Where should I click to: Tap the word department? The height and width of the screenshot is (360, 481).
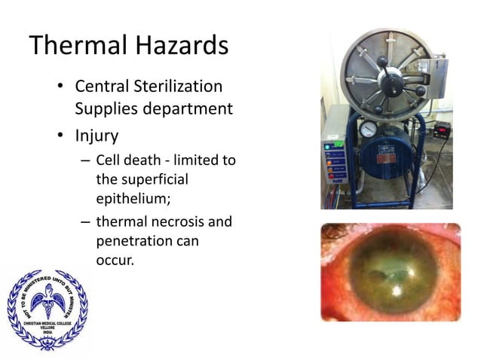[189, 108]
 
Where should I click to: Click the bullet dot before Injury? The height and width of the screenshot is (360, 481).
[60, 138]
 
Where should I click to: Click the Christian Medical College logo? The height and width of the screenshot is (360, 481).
[47, 308]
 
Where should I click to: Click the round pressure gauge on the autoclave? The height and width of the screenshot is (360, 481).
[369, 129]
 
